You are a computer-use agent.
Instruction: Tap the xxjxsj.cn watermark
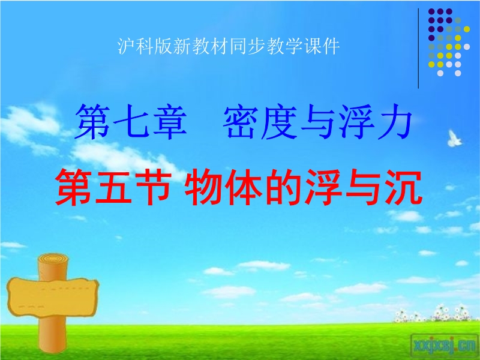[x=445, y=346]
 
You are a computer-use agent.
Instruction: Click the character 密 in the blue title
[x=241, y=122]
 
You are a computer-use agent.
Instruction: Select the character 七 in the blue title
[x=131, y=122]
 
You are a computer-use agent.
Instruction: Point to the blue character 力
[x=393, y=122]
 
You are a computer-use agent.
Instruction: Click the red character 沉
[x=403, y=187]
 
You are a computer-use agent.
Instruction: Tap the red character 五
[x=113, y=187]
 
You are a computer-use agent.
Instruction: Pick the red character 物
[x=203, y=187]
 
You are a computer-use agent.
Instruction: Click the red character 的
[x=283, y=187]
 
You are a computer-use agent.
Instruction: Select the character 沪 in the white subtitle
[x=126, y=46]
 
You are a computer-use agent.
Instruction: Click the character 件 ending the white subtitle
[x=331, y=46]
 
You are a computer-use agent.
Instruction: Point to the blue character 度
[x=278, y=122]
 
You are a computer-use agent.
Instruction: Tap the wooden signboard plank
[x=53, y=297]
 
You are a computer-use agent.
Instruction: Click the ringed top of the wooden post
[x=53, y=260]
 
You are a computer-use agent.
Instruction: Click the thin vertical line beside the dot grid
[x=418, y=49]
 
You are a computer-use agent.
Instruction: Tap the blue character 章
[x=170, y=122]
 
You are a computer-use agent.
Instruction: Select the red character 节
[x=153, y=187]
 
